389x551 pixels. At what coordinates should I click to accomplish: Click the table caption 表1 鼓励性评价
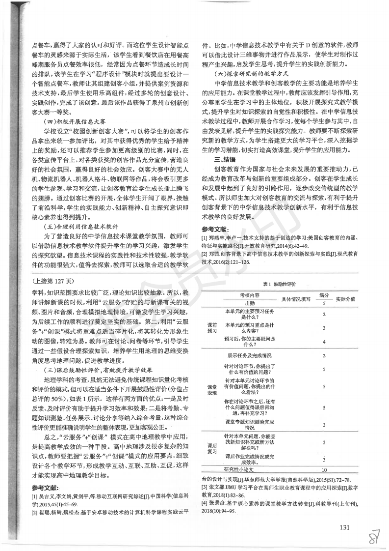(x=280, y=285)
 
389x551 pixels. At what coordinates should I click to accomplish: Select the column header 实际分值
(x=346, y=298)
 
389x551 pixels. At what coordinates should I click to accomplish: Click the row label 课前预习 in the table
(x=212, y=327)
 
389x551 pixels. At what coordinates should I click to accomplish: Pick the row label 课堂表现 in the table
(x=211, y=390)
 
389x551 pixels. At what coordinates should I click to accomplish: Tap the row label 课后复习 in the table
(x=212, y=448)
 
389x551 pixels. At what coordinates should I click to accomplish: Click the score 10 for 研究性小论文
(x=324, y=470)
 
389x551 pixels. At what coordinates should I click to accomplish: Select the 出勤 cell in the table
(x=249, y=303)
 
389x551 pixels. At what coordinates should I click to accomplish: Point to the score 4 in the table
(x=324, y=341)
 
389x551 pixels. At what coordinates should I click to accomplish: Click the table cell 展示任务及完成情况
(x=249, y=355)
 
